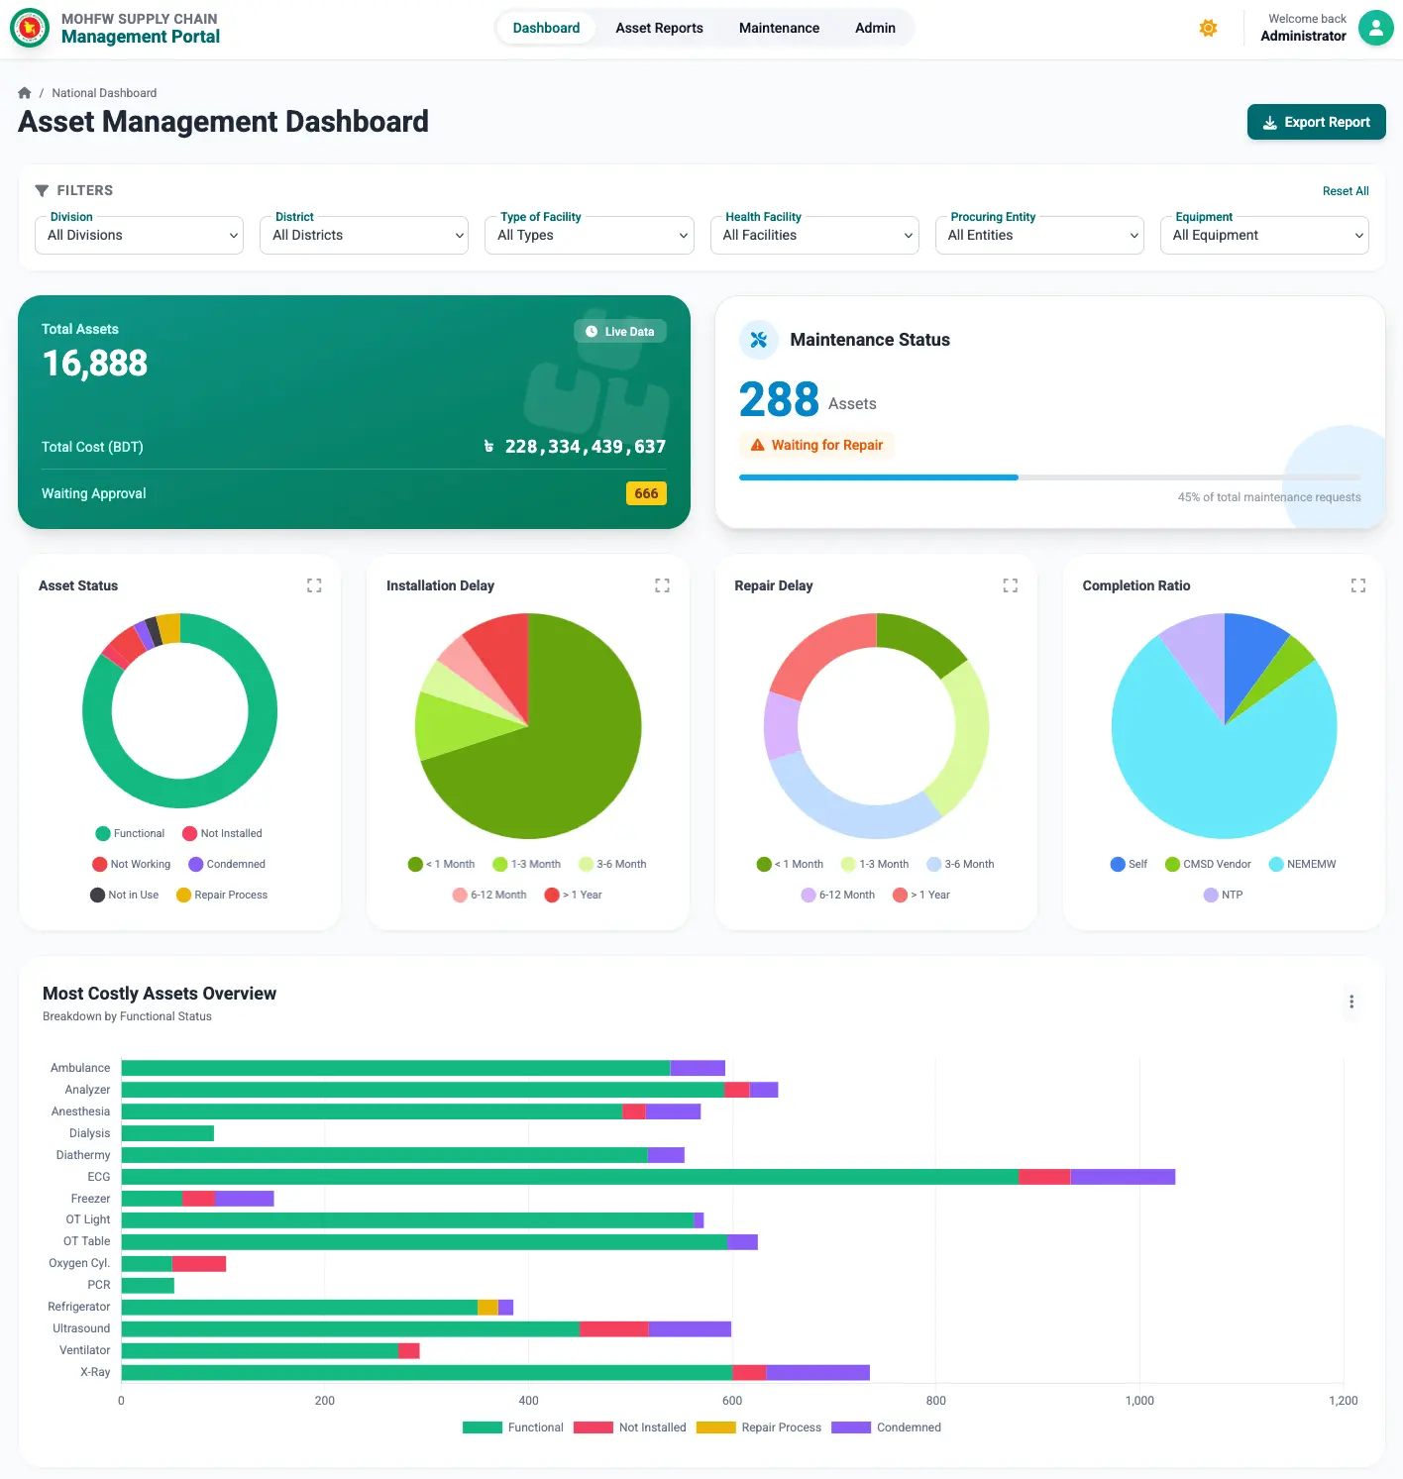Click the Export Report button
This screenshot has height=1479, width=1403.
1316,122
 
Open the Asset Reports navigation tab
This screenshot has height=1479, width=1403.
659,28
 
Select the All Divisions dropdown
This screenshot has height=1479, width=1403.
139,235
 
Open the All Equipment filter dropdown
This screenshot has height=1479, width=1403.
1264,235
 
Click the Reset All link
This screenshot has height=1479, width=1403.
1345,191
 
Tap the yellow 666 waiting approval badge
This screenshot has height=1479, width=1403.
646,493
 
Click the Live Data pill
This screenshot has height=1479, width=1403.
620,332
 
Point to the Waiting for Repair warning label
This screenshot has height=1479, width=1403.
816,445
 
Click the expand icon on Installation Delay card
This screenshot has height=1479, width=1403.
662,585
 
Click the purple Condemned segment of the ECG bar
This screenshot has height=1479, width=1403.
1122,1177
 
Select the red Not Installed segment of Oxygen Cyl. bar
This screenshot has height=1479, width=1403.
198,1263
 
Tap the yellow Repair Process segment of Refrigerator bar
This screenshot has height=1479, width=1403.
487,1307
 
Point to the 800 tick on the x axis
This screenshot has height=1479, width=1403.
935,1400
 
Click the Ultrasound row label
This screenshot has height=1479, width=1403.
81,1328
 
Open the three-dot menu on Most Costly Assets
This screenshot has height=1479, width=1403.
1350,1002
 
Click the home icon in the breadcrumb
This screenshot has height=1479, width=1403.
25,93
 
